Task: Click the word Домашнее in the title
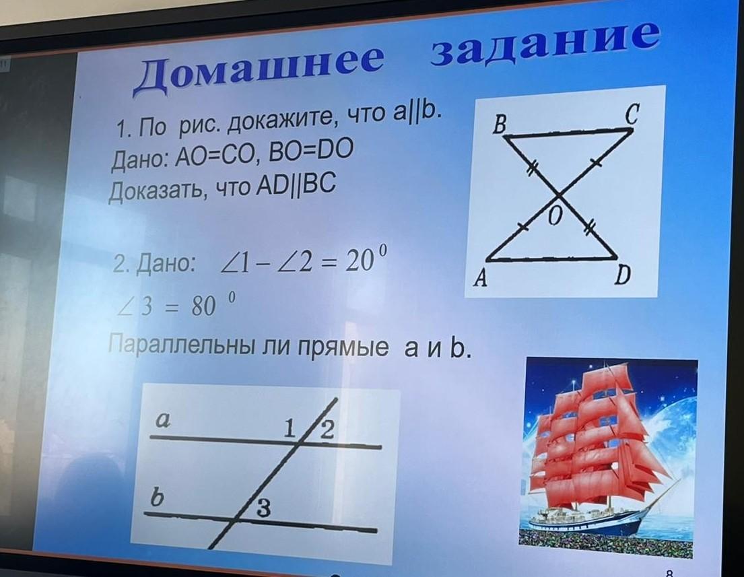point(258,71)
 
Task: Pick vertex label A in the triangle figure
point(481,278)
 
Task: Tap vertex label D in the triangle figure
point(622,275)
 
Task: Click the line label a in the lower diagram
point(163,420)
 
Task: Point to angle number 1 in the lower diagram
point(290,429)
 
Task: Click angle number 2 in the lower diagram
point(327,430)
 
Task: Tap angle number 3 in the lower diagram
point(264,508)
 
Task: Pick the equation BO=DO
point(311,151)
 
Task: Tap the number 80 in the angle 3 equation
point(204,307)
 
